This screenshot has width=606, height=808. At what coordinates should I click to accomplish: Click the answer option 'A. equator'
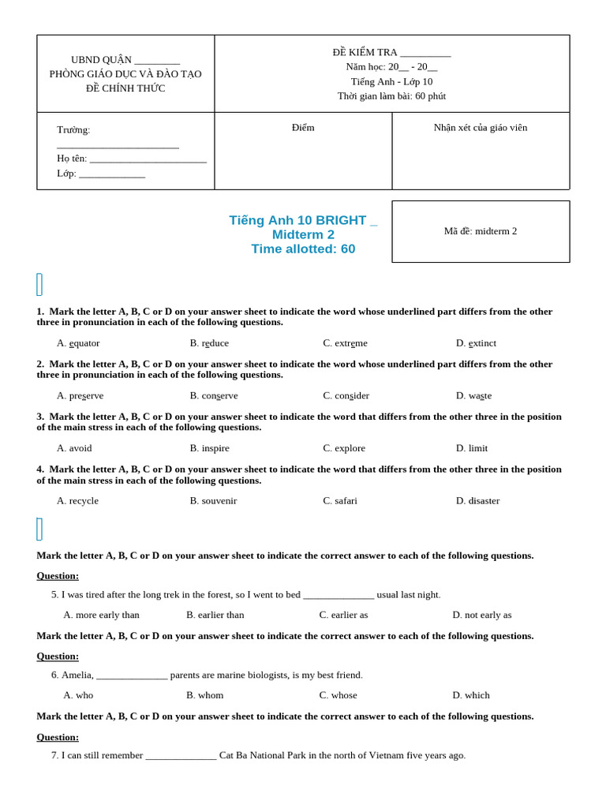78,343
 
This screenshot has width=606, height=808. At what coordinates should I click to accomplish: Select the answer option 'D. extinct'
476,343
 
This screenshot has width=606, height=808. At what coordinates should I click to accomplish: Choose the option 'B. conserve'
214,395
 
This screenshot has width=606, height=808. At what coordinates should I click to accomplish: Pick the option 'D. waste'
473,395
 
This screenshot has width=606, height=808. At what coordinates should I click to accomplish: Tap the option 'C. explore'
344,448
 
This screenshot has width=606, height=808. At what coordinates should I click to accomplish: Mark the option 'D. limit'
472,448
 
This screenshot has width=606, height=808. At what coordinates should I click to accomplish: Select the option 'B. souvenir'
213,500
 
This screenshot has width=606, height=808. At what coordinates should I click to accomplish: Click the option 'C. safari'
340,500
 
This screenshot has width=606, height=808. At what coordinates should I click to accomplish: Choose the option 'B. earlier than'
215,615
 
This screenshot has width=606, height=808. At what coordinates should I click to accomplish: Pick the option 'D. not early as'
482,615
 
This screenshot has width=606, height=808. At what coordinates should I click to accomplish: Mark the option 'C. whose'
339,695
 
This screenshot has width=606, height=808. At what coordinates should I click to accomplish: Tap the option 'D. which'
471,695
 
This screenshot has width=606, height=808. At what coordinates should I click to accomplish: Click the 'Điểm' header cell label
303,128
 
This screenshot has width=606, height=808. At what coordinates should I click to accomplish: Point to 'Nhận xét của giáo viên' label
481,128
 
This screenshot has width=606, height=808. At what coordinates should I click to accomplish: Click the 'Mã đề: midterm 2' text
481,231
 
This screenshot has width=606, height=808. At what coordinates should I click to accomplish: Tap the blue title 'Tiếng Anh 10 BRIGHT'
298,221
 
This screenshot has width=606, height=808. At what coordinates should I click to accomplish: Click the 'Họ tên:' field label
72,159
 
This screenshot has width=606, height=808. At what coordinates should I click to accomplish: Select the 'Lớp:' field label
66,174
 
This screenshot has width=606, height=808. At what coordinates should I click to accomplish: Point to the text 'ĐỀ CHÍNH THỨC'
125,88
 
